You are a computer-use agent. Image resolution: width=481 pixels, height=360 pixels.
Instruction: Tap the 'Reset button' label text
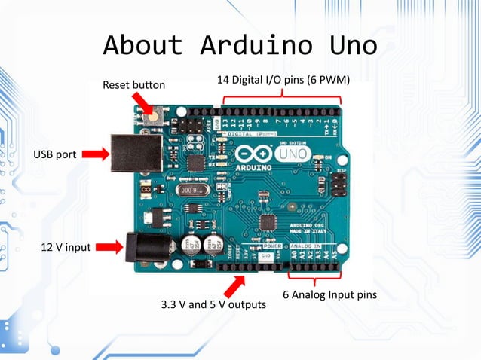point(133,85)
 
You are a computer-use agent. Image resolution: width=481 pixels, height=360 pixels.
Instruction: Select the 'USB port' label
point(54,154)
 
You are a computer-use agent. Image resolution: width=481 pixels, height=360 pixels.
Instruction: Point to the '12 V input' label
point(66,247)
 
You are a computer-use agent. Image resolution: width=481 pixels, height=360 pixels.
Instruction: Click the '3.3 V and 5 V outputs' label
point(213,305)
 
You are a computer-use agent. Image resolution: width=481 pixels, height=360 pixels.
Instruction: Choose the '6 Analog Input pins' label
point(329,294)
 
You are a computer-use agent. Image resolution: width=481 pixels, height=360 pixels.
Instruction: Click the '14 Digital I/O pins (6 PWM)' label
point(283,79)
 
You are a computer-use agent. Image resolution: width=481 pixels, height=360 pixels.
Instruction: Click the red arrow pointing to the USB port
point(95,154)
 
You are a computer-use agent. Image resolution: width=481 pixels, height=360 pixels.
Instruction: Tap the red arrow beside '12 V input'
point(109,246)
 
